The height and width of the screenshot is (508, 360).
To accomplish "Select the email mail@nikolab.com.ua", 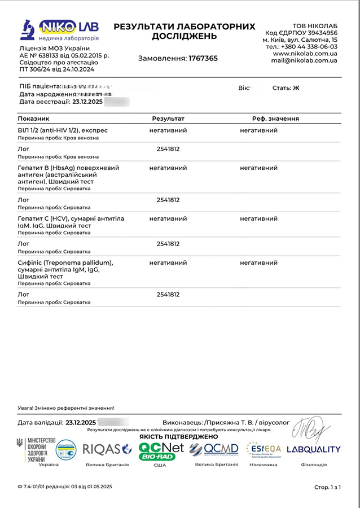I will coord(304,60).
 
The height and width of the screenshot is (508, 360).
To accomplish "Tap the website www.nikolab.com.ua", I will coord(305,54).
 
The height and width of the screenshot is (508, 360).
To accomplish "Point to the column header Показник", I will coord(34,119).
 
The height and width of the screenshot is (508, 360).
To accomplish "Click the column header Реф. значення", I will coord(275,119).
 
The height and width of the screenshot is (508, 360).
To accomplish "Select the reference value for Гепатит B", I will coord(258,168).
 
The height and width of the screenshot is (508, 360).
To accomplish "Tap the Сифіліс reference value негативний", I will coord(258,262).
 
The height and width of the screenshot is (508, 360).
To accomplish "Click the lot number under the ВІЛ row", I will coord(168,149).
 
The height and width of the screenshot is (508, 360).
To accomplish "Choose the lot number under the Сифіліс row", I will coord(168,295).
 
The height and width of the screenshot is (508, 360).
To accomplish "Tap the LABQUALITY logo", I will coord(314,450).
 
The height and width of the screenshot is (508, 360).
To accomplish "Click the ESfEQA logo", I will coord(264,449).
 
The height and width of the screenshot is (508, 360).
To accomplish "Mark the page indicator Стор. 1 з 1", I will coord(327,487).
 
